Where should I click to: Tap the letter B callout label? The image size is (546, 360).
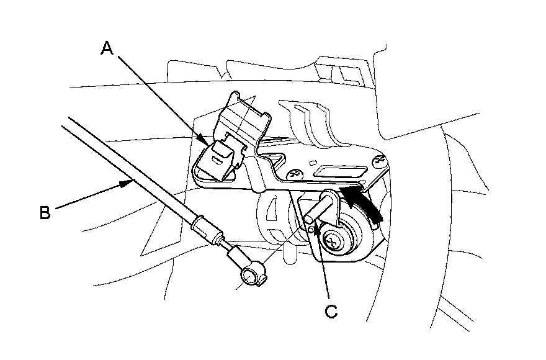click(45, 212)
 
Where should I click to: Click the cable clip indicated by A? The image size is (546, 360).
click(220, 155)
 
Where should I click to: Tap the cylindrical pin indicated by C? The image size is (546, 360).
click(320, 208)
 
